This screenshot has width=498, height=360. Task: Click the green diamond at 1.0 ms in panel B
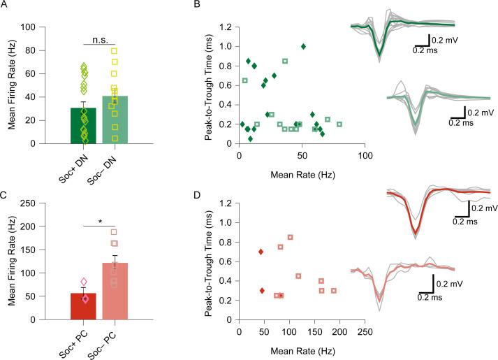tap(303, 47)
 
